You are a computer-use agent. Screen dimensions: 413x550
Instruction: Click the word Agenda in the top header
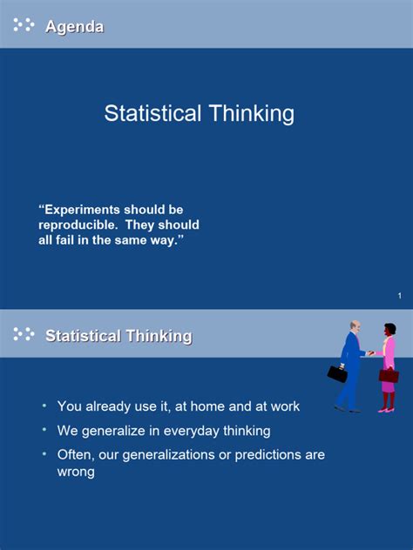point(74,27)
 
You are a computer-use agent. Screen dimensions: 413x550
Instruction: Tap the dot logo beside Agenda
point(24,24)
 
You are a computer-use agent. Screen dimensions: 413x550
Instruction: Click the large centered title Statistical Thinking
point(200,114)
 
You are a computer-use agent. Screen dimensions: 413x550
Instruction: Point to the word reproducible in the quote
point(78,225)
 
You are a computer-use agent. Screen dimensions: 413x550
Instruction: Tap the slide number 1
point(399,296)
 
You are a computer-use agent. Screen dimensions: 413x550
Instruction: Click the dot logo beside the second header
point(24,334)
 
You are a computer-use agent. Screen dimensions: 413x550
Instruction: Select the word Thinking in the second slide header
point(159,336)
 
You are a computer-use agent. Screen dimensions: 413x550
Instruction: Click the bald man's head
point(355,327)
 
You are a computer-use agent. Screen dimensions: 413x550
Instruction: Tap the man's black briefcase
point(337,374)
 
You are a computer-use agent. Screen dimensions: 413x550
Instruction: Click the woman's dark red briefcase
point(389,376)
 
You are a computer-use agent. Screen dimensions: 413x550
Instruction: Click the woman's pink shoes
point(386,409)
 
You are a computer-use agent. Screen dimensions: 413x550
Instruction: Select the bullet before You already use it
point(44,406)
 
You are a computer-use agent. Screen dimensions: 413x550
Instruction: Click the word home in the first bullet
point(207,406)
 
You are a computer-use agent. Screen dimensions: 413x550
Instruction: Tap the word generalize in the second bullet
point(113,431)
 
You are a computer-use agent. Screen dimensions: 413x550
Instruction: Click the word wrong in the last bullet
point(76,472)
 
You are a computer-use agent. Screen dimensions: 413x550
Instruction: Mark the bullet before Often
point(44,454)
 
